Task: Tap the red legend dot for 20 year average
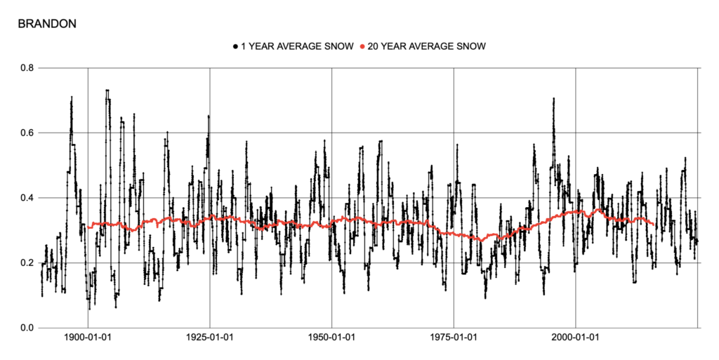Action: coord(362,47)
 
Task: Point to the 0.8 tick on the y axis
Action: coord(27,68)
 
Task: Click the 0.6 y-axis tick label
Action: coord(27,133)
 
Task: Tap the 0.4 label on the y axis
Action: coord(27,198)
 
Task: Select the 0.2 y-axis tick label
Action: coord(27,262)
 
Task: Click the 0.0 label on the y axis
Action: coord(27,328)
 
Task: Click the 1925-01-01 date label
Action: coord(210,338)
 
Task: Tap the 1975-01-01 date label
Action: coord(454,338)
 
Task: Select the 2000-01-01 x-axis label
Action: coord(576,338)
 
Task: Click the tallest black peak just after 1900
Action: coord(107,91)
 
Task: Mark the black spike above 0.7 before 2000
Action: coord(553,99)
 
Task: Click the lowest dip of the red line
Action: coord(482,240)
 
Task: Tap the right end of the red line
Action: coord(654,225)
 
